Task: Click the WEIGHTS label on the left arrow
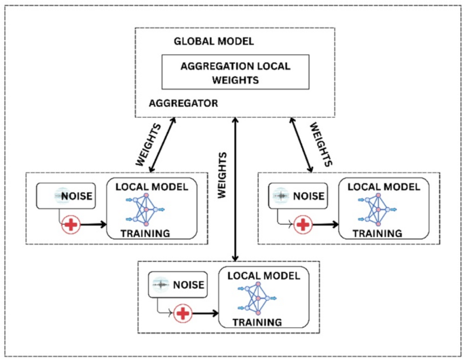(147, 143)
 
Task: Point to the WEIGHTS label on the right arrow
(320, 144)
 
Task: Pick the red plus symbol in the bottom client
(182, 313)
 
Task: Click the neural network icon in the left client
(145, 210)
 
